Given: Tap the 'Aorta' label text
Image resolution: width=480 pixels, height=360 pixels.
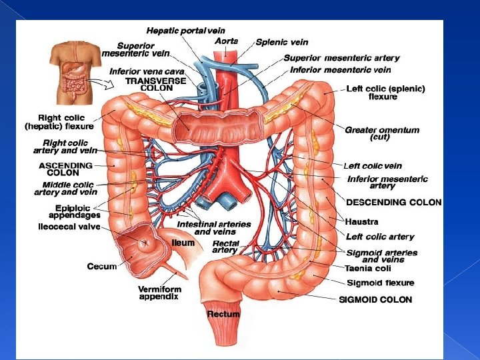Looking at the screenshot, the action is [225, 41].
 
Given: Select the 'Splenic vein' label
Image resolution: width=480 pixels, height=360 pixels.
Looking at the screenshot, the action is [281, 42].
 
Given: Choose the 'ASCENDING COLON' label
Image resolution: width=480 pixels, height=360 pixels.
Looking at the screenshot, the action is [66, 169].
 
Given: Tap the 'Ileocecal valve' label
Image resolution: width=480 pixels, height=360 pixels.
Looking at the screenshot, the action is [69, 227].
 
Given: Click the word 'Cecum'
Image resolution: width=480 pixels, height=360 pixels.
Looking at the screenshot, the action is [102, 266].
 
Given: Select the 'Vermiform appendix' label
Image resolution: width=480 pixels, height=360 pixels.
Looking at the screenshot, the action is [158, 293].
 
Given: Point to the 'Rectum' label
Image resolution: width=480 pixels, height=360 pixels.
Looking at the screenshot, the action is [223, 313].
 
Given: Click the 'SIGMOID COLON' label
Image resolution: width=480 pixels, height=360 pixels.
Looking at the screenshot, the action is [375, 299].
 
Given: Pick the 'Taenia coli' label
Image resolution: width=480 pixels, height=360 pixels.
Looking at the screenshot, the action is [368, 269].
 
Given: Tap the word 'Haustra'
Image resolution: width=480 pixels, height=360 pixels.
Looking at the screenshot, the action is [362, 221].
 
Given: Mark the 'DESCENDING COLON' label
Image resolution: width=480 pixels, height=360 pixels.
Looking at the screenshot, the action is [393, 202].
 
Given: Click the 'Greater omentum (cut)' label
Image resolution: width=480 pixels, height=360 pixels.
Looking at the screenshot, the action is [382, 133].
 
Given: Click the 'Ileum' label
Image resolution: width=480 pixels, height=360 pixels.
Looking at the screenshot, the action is [183, 243].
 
